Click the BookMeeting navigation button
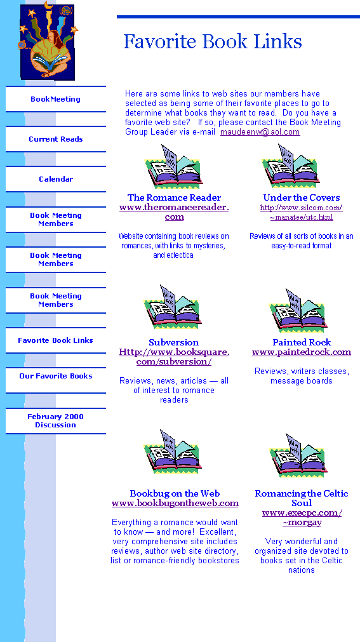click(x=56, y=99)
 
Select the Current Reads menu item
click(x=56, y=139)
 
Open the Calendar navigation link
click(x=56, y=179)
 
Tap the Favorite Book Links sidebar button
click(x=56, y=340)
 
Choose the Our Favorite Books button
click(x=56, y=376)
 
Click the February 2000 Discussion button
click(x=56, y=421)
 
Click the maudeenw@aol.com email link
click(x=260, y=132)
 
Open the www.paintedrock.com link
click(x=302, y=352)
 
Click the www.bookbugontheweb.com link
click(x=175, y=503)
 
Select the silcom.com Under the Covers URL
click(x=302, y=213)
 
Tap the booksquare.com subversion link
click(x=174, y=357)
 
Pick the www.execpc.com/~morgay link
click(x=302, y=518)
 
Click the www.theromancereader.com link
click(x=174, y=211)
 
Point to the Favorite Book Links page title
click(x=213, y=41)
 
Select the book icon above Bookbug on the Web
click(x=173, y=452)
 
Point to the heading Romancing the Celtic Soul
click(x=302, y=498)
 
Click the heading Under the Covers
click(x=302, y=197)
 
